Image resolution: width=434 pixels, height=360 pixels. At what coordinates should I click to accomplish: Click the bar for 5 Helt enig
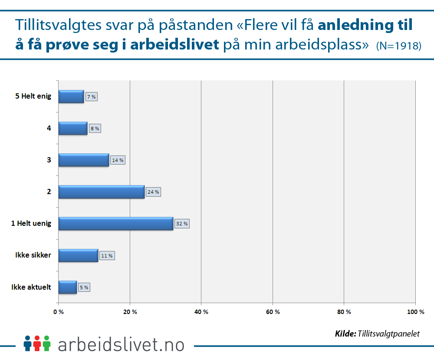coord(71,96)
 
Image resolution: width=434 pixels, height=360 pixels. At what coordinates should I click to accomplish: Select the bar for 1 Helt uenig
coord(116,223)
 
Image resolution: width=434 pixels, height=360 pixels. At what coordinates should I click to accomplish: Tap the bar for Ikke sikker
coord(78,255)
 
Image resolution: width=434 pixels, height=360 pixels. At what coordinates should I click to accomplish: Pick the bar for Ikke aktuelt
coord(68,287)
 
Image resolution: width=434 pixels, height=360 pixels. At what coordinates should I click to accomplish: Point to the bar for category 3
coord(84,160)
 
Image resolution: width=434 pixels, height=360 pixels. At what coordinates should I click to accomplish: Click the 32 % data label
coord(182,224)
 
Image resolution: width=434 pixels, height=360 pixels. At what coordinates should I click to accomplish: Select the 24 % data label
coord(153,192)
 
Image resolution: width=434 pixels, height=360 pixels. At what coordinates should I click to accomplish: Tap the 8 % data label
coord(95,129)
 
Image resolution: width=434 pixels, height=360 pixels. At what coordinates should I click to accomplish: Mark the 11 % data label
coord(107,256)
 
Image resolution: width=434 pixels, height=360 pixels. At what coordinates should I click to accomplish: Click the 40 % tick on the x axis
coord(201,312)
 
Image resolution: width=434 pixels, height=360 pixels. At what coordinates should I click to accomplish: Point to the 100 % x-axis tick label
coord(415,312)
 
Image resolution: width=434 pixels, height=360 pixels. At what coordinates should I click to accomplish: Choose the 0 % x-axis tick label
coord(59,312)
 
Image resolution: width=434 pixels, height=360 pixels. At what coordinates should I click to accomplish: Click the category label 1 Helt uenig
coord(31,224)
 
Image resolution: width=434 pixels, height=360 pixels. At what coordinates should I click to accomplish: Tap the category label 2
coord(49,192)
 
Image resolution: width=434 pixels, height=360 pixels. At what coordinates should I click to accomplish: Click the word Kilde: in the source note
coord(345,334)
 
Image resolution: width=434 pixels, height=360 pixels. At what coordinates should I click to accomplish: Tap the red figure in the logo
coord(37,343)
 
